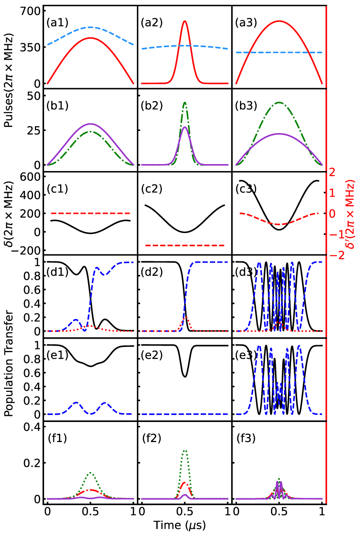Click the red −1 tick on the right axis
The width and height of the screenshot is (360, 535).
point(333,235)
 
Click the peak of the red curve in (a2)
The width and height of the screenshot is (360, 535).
point(185,21)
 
